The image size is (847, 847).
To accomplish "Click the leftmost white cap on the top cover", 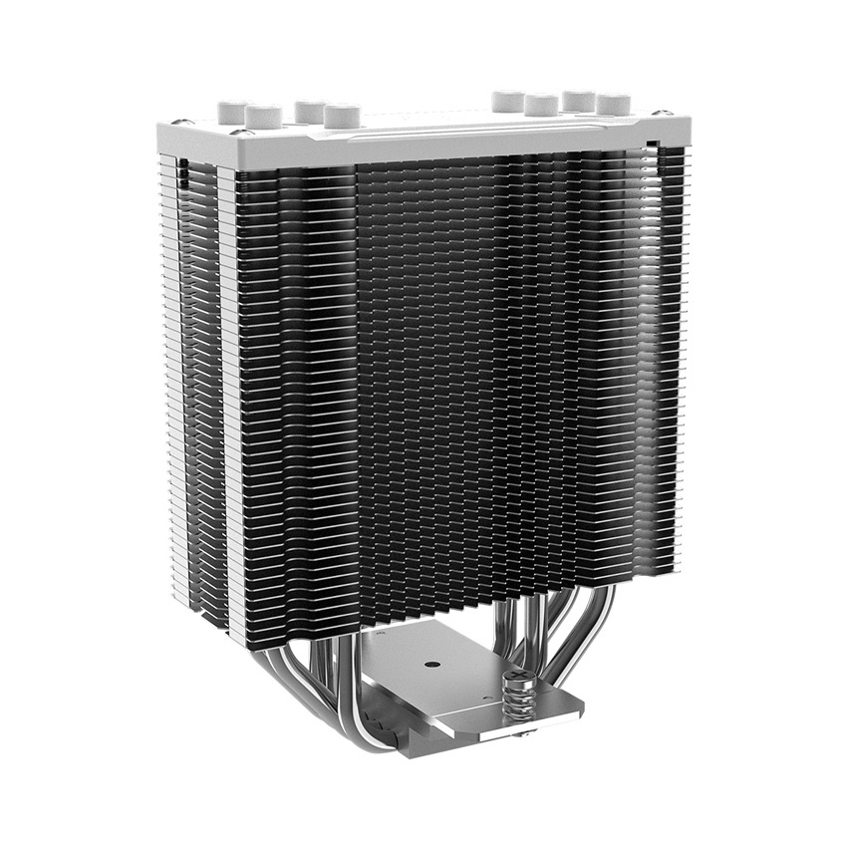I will [x=233, y=111].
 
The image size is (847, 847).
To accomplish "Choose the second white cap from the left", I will [x=263, y=117].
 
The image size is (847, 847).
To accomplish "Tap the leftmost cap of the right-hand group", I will [x=508, y=101].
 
